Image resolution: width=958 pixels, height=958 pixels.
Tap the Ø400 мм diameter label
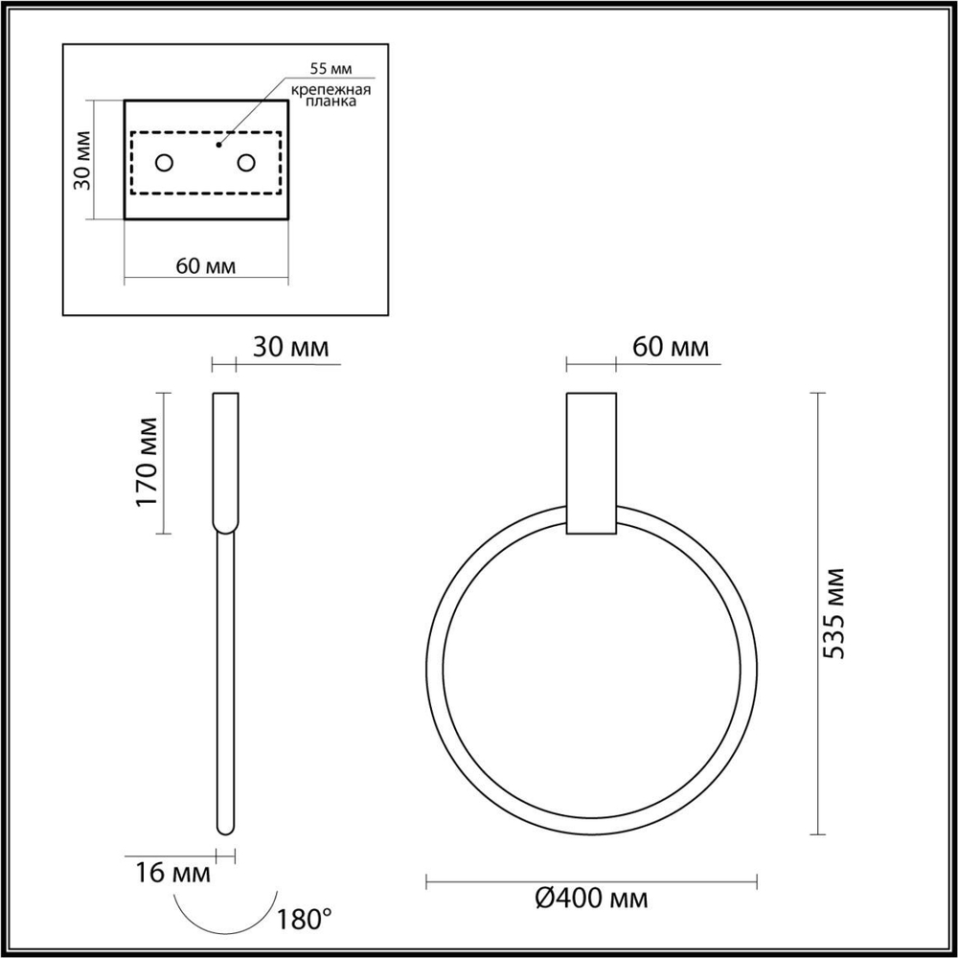(591, 899)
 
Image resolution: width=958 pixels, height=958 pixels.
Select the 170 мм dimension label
(147, 462)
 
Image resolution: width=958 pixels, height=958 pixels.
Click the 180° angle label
(304, 921)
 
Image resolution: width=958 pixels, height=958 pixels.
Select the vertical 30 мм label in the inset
(82, 160)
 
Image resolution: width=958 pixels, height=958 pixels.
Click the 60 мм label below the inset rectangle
(206, 265)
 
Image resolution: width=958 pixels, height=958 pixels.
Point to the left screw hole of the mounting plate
(165, 163)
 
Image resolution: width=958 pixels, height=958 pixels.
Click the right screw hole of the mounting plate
(247, 163)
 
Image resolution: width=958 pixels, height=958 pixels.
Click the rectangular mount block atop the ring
(591, 462)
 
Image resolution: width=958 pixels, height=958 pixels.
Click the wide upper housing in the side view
(225, 460)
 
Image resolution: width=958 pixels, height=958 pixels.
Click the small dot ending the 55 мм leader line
(219, 145)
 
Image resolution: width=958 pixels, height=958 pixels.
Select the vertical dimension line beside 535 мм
(816, 613)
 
